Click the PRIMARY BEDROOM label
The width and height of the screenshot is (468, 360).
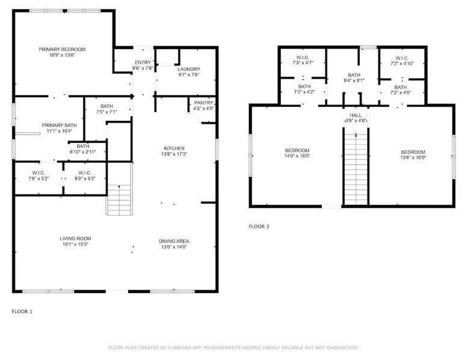pos(62,49)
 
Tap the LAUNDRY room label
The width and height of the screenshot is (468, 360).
pos(189,69)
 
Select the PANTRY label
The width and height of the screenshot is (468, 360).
pos(203,103)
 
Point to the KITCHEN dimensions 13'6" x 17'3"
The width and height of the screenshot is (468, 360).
pos(174,154)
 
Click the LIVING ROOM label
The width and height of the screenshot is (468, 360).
pos(75,239)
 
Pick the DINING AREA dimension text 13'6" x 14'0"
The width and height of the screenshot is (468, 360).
pos(174,247)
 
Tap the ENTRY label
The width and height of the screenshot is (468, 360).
pos(143,63)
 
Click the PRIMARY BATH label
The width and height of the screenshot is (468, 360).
pos(60,125)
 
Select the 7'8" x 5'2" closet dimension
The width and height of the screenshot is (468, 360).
pos(38,178)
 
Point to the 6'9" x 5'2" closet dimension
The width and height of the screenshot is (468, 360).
pos(85,178)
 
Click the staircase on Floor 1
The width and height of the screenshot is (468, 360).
pos(119,200)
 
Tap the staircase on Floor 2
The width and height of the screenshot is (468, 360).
pos(356,169)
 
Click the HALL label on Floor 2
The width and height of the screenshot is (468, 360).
pos(356,115)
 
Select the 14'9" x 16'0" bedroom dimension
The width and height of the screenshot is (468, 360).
pos(297,156)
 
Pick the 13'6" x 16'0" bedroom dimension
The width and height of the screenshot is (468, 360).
pos(413,157)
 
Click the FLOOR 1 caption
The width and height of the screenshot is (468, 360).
pos(22,312)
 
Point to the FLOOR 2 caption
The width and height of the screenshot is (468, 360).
pos(259,227)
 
